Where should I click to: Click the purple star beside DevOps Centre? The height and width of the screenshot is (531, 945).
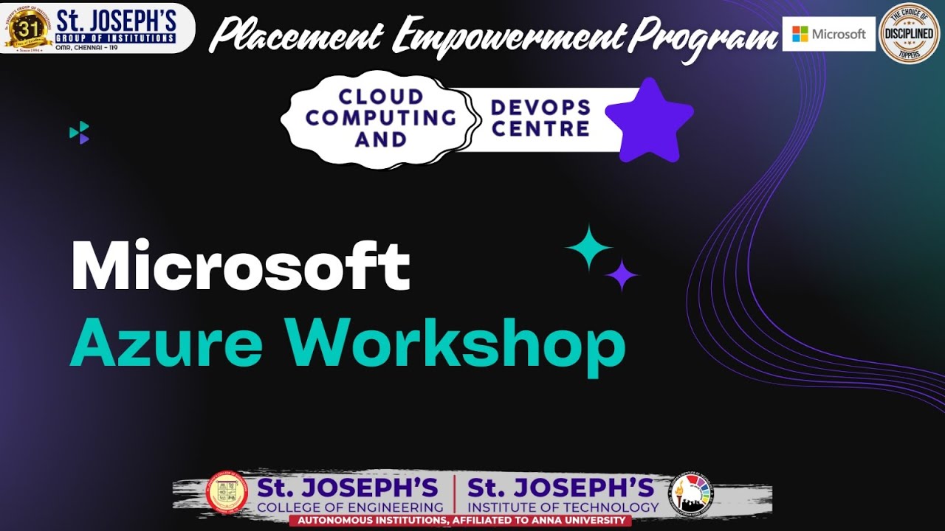click(x=649, y=121)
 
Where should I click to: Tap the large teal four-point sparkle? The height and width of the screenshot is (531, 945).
click(x=588, y=248)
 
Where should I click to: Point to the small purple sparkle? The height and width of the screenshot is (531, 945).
click(x=622, y=275)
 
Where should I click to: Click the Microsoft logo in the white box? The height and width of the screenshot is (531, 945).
click(x=828, y=34)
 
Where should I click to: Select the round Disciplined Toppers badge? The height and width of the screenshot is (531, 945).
click(x=910, y=33)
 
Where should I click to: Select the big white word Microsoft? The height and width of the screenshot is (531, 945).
click(x=240, y=267)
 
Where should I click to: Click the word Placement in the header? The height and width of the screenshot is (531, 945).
click(x=300, y=35)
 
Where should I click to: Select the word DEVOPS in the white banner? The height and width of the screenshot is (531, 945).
click(x=541, y=108)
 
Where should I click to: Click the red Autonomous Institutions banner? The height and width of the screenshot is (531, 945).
click(x=460, y=521)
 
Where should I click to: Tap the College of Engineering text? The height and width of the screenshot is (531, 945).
click(x=350, y=507)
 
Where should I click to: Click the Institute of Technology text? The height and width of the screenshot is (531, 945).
click(x=563, y=507)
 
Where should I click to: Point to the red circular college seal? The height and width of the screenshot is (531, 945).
click(x=227, y=492)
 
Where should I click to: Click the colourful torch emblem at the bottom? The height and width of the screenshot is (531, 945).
click(x=692, y=493)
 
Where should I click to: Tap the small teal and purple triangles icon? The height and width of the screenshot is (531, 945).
click(x=79, y=132)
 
